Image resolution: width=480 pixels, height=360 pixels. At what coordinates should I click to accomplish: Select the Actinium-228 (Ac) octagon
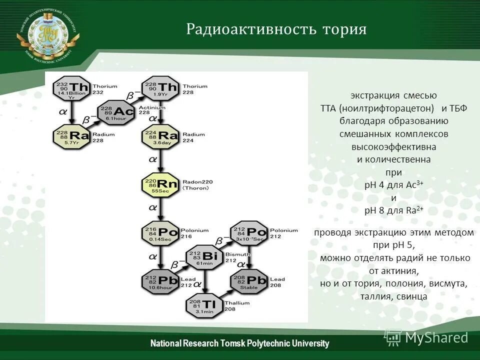pyautogui.click(x=117, y=111)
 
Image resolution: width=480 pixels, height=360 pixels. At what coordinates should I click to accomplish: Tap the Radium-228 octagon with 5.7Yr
pyautogui.click(x=72, y=136)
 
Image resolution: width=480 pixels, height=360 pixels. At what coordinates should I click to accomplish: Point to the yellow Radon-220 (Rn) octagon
pyautogui.click(x=161, y=185)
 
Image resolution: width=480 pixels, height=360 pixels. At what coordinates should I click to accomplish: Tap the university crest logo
pyautogui.click(x=48, y=33)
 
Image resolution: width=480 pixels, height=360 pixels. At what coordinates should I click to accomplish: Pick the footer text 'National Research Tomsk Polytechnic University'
pyautogui.click(x=240, y=343)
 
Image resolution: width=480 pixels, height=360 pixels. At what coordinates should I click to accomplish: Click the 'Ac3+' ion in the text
pyautogui.click(x=414, y=185)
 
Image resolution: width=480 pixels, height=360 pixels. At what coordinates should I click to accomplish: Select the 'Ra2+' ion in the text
pyautogui.click(x=414, y=210)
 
